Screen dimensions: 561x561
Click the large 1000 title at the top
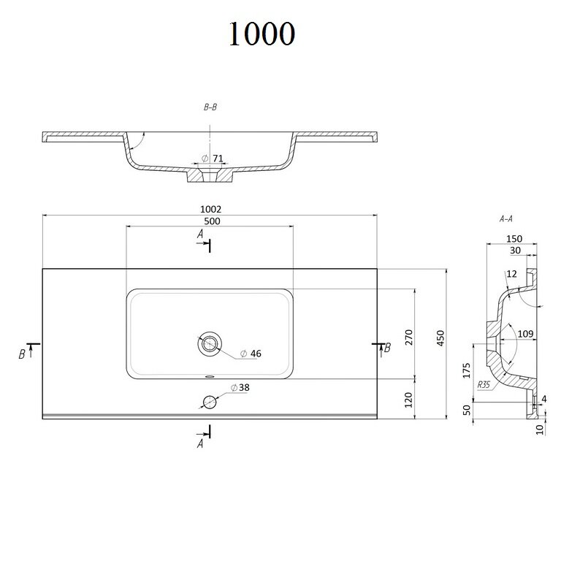coord(262,34)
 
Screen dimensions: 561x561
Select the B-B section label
coord(210,107)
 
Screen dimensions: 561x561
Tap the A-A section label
coord(506,218)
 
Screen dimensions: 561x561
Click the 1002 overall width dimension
coord(210,209)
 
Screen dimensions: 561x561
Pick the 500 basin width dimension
coord(212,221)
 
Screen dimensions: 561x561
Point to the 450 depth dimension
coord(440,338)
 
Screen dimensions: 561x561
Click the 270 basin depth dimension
coord(409,337)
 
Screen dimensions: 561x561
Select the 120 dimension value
coord(408,400)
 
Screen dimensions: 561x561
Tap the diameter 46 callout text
coord(251,354)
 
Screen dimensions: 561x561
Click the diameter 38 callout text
coord(240,387)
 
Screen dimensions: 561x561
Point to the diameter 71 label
coord(213,158)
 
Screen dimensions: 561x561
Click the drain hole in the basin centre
coord(210,344)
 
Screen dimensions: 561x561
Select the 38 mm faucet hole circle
coord(210,402)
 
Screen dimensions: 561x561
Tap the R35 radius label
coord(484,385)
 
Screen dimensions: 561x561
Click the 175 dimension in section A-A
coord(467,370)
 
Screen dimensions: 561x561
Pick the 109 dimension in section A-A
coord(526,334)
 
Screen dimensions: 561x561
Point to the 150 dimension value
coord(514,239)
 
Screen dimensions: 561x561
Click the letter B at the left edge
coord(22,354)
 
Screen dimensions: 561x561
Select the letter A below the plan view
coord(200,443)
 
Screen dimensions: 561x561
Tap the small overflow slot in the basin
coord(210,376)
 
